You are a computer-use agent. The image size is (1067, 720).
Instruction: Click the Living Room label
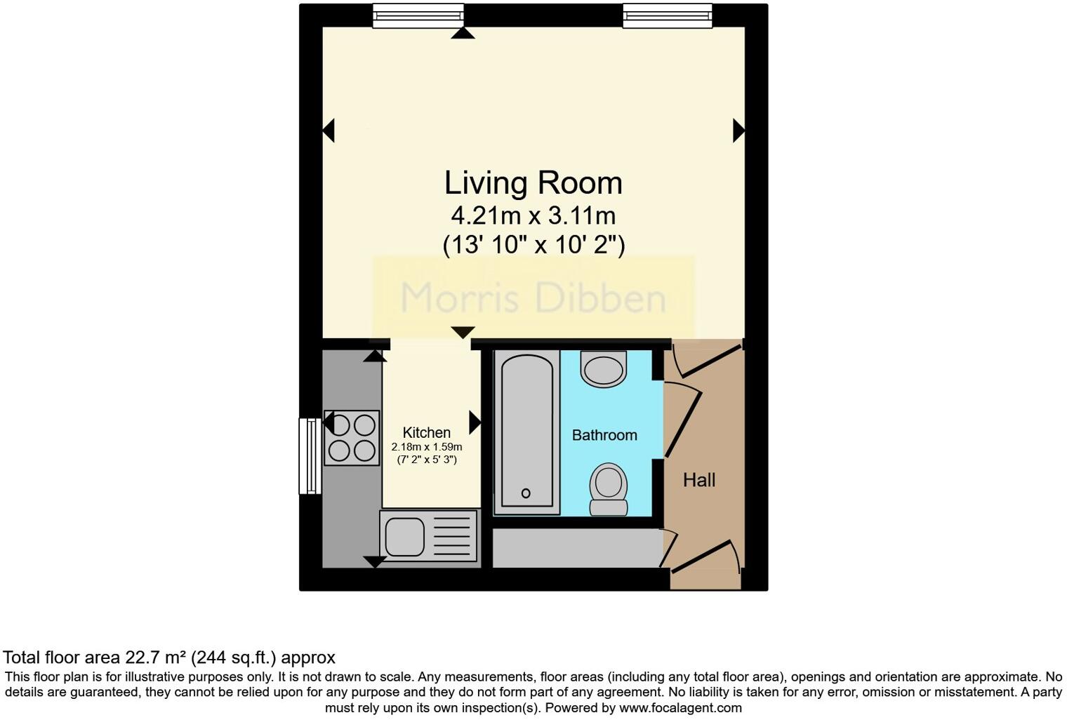(x=533, y=183)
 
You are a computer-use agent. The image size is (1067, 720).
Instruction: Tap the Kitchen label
(x=426, y=433)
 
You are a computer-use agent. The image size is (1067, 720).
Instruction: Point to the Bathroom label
(x=604, y=435)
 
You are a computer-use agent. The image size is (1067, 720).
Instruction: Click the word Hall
(x=699, y=480)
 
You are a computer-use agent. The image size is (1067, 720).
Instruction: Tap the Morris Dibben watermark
(x=533, y=298)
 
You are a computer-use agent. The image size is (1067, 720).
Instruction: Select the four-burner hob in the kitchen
(x=352, y=438)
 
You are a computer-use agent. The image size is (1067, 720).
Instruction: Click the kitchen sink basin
(x=405, y=537)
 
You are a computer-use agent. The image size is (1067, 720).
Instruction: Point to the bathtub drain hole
(x=526, y=493)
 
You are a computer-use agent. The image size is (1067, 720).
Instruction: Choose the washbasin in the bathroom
(x=604, y=368)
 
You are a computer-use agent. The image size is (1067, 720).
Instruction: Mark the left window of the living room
(x=418, y=15)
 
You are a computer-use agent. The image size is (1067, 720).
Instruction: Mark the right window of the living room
(x=667, y=15)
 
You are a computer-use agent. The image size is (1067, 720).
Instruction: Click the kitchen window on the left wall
(x=310, y=456)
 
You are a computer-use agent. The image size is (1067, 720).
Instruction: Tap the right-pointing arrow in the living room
(x=738, y=131)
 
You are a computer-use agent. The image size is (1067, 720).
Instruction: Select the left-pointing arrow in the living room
(x=328, y=131)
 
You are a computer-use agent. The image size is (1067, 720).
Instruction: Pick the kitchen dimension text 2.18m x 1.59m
(x=426, y=447)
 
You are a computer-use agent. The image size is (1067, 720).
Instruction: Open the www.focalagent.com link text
(x=680, y=708)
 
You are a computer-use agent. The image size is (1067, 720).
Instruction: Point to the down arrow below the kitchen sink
(x=374, y=561)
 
